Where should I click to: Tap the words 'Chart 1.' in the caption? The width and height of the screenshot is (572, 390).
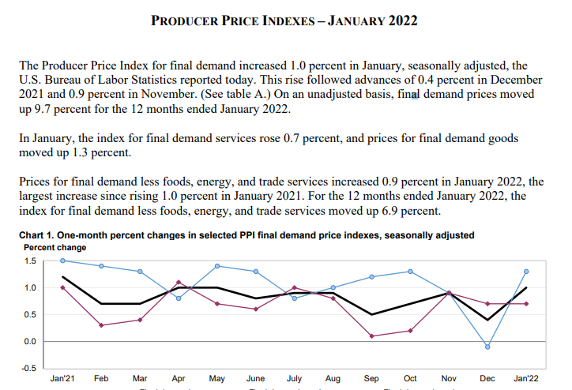tap(38, 235)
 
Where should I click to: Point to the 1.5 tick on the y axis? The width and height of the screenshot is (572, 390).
tap(29, 261)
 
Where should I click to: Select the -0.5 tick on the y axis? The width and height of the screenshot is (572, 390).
tap(28, 369)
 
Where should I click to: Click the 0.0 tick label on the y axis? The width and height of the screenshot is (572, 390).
tap(29, 342)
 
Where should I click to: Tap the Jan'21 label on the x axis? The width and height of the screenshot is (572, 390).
tap(62, 379)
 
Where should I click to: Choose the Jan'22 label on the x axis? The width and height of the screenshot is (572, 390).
tap(526, 379)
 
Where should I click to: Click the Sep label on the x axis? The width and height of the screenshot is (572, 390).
tap(371, 379)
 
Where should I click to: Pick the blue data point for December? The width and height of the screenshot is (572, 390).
tap(487, 347)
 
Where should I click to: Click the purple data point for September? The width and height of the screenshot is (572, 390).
tap(371, 336)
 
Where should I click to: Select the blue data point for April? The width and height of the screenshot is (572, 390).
tap(179, 298)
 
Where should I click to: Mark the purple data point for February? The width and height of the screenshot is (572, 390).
tap(101, 325)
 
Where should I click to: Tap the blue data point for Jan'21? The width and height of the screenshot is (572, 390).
tap(62, 261)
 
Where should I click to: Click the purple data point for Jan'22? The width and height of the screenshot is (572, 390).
tap(526, 303)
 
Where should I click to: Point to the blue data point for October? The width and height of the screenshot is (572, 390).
tap(410, 272)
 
